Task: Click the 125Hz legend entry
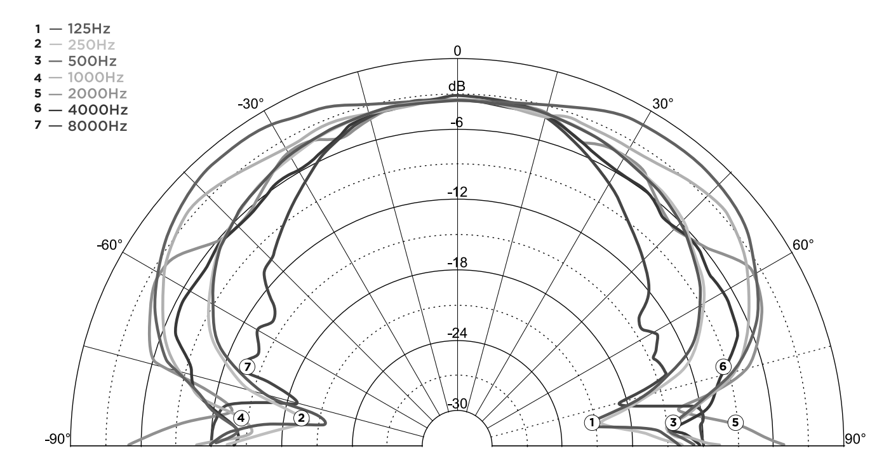tap(72, 29)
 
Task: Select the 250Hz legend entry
tap(74, 44)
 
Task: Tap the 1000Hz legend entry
tap(79, 78)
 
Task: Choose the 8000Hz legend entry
tap(81, 126)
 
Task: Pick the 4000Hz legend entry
tap(81, 109)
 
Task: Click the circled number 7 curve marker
tap(248, 367)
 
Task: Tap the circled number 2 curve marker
tap(302, 418)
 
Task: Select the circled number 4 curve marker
tap(241, 418)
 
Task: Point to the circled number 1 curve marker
tap(592, 423)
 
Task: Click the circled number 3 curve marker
tap(673, 423)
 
